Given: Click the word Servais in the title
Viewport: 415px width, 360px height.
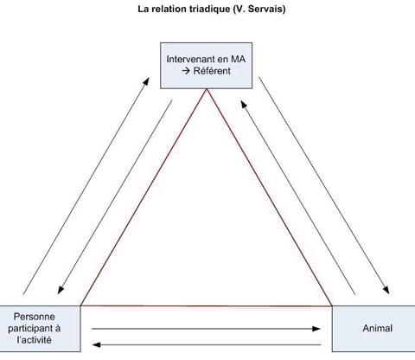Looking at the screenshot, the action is (265, 9).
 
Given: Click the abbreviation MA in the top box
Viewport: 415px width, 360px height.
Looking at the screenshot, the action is (238, 59).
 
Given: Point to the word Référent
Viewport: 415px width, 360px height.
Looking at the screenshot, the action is (212, 71).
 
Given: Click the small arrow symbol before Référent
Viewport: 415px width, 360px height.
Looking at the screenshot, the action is (186, 71).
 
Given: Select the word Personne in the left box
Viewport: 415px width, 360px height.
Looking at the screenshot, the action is (35, 317).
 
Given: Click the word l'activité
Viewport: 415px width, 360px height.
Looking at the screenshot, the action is (35, 340).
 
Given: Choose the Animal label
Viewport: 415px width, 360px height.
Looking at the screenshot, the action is (378, 328).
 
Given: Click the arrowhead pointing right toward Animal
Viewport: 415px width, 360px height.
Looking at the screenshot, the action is (316, 329).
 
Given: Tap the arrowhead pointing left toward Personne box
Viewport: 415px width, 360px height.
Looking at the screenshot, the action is (96, 344).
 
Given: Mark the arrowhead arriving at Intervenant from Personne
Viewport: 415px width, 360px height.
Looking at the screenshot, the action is (146, 81).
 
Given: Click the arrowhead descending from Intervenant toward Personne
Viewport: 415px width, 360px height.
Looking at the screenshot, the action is (61, 290).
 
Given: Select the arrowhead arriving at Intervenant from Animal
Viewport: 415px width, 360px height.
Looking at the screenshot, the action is (244, 105).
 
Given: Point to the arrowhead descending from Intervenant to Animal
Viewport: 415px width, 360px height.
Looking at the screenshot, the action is (386, 290).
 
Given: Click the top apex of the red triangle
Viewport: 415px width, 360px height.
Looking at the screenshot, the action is (207, 89).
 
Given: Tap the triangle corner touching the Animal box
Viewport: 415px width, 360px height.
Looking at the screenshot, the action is (332, 305).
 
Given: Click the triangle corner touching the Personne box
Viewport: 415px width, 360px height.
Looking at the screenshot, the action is (81, 305).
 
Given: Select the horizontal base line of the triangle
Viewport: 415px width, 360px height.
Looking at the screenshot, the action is (207, 305).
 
